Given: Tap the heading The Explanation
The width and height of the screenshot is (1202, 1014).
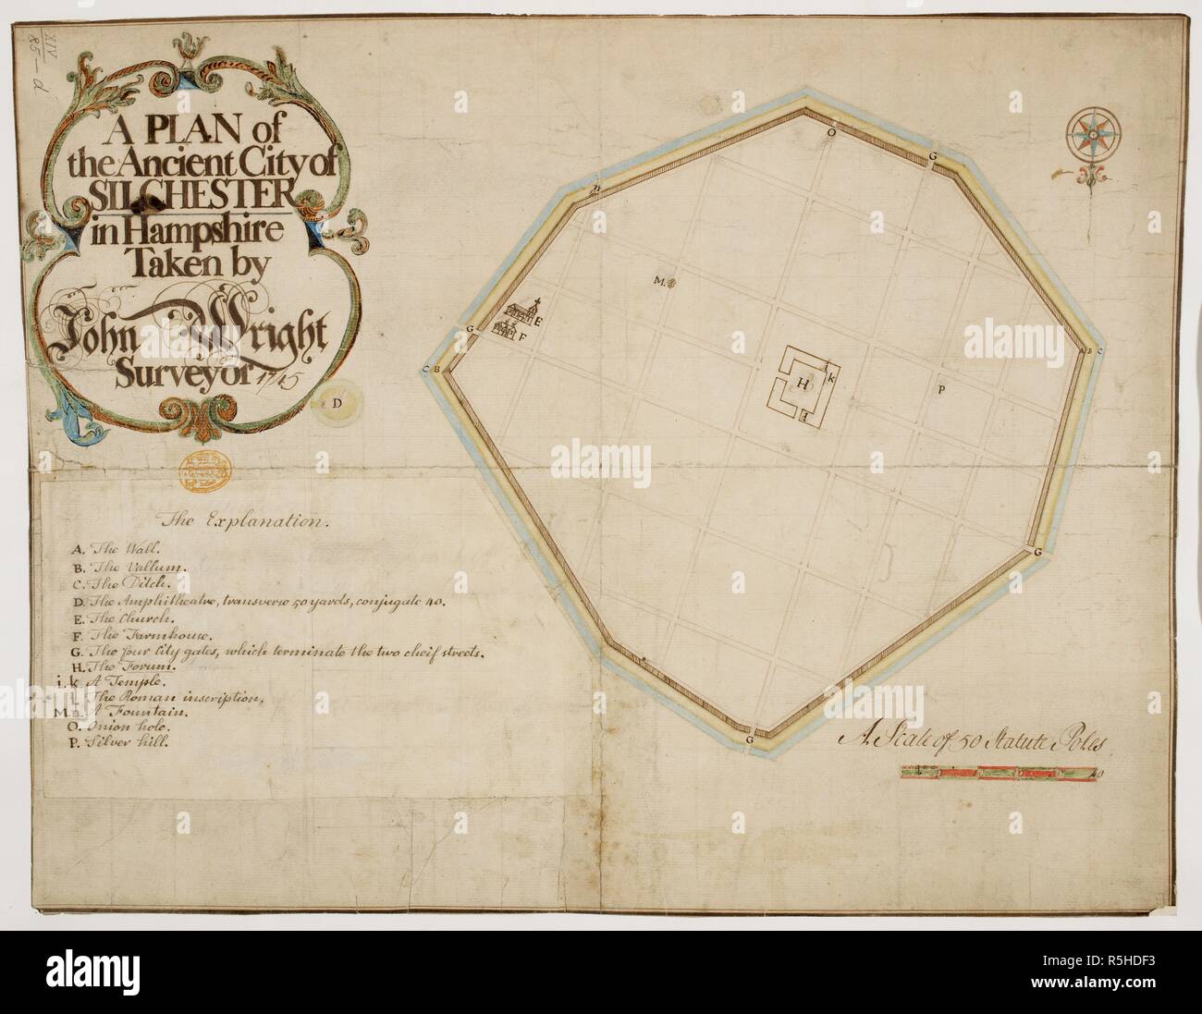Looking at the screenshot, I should pyautogui.click(x=243, y=521).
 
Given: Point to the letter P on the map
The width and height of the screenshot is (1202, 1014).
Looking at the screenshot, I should pyautogui.click(x=940, y=389).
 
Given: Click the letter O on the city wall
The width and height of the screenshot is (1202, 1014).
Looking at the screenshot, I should pyautogui.click(x=830, y=132).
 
